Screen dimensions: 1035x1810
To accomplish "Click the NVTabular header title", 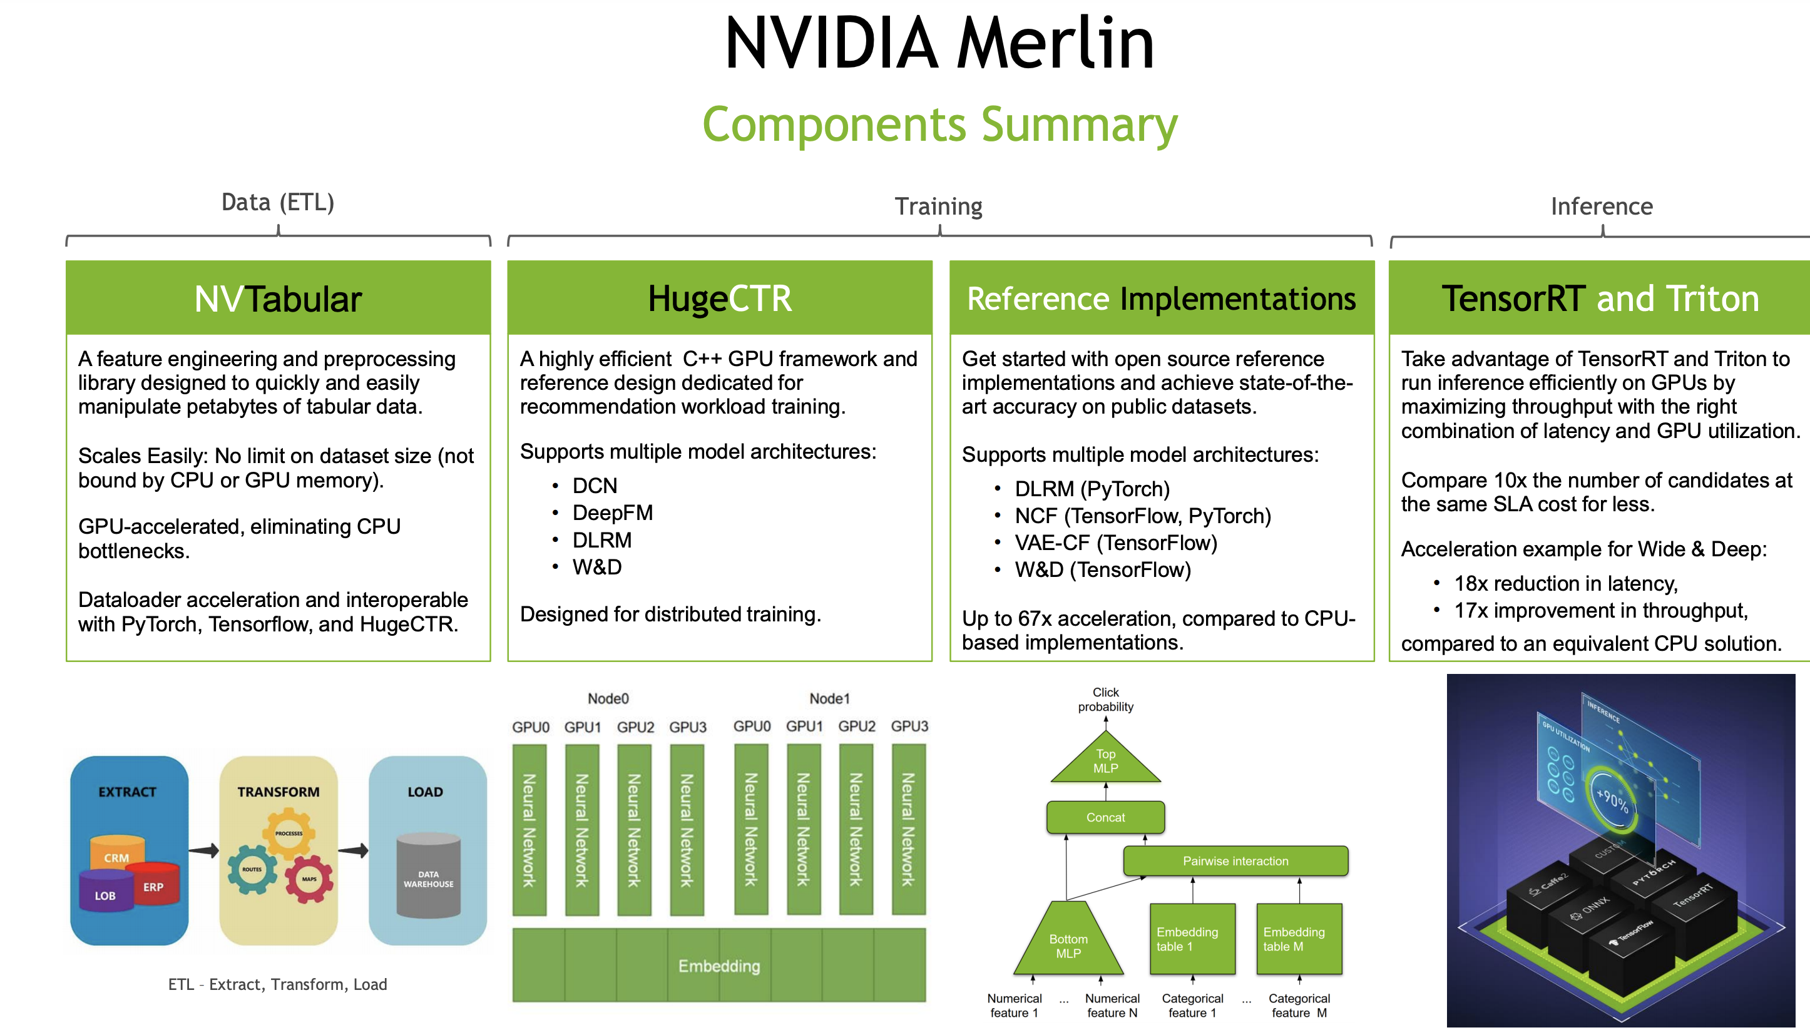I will click(x=278, y=298).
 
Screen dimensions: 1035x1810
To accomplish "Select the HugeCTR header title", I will click(x=720, y=298).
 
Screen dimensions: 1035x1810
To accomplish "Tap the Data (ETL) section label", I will click(x=278, y=203).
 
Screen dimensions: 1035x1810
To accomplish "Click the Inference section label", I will click(x=1601, y=206).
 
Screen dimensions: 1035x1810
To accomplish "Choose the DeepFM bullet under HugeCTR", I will click(x=612, y=512).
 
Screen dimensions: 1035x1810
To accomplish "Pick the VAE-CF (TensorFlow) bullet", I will click(x=1115, y=543).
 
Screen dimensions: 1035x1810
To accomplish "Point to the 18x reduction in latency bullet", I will click(x=1565, y=584).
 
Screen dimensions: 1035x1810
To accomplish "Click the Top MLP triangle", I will click(x=1105, y=762).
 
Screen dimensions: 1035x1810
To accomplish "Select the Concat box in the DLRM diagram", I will click(x=1105, y=817).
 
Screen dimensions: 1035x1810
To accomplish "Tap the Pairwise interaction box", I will click(x=1235, y=861).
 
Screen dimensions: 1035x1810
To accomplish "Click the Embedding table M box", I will click(x=1299, y=939).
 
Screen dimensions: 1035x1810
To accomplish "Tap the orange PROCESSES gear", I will click(x=289, y=833).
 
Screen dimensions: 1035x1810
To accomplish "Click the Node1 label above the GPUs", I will click(x=829, y=699).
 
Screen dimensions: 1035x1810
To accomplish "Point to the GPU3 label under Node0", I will click(x=687, y=727).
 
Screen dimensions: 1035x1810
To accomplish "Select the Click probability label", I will click(x=1105, y=700).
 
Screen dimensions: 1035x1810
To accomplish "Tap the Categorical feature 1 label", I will click(x=1192, y=1005).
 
